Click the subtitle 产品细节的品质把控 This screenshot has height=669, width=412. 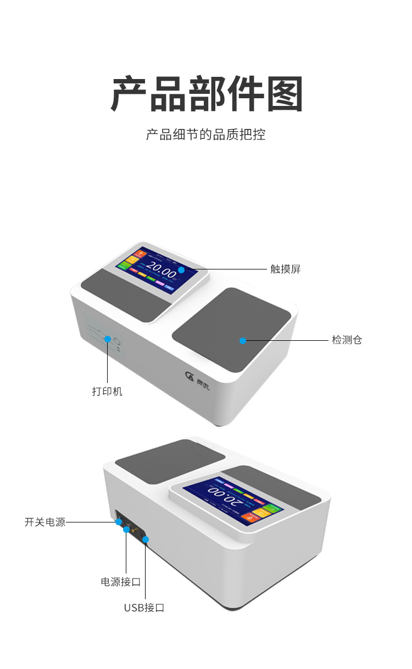click(205, 134)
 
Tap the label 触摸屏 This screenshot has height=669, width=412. click(285, 269)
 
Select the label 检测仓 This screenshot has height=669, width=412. click(347, 340)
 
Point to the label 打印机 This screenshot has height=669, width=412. click(107, 391)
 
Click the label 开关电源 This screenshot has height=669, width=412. click(45, 522)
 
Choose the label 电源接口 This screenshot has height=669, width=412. click(120, 582)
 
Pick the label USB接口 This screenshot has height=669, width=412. click(144, 608)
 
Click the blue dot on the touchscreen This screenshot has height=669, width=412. click(181, 269)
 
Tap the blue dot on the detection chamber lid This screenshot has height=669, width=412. click(243, 341)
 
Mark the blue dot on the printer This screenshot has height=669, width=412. click(108, 339)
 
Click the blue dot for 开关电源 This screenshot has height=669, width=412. click(119, 522)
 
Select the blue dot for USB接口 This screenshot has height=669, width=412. click(146, 540)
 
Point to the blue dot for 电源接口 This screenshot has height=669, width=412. click(126, 531)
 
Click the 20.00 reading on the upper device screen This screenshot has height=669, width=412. click(161, 270)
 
